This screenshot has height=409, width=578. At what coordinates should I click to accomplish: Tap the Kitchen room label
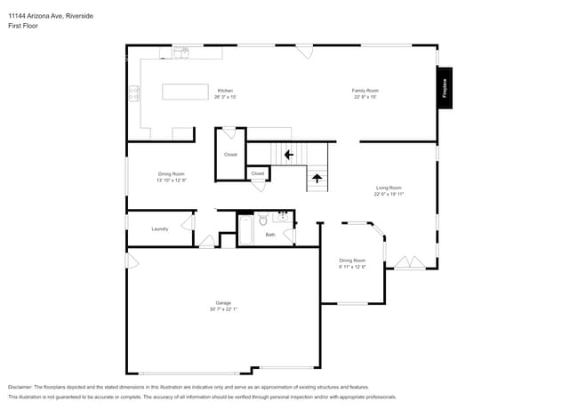(x=226, y=91)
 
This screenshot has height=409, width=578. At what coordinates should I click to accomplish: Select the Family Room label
(x=365, y=91)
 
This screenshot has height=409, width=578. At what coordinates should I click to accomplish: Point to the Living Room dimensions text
(x=389, y=194)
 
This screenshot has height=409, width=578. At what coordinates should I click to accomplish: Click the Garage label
(x=223, y=302)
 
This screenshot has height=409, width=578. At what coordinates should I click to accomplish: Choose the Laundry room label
(x=160, y=229)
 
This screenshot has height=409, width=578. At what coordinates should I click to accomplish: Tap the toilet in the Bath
(x=262, y=220)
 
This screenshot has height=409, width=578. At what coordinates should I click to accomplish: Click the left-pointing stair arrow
(x=287, y=155)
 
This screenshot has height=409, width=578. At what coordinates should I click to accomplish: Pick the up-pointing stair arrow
(x=317, y=179)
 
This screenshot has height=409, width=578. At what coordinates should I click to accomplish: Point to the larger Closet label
(x=230, y=155)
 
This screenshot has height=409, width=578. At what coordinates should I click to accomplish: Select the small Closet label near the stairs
(x=257, y=173)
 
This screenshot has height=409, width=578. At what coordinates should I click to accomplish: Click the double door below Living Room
(x=410, y=262)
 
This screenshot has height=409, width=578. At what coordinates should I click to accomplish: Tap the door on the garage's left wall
(x=132, y=261)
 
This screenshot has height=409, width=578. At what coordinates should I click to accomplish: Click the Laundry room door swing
(x=188, y=222)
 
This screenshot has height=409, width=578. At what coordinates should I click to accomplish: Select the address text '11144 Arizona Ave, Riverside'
(x=51, y=16)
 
